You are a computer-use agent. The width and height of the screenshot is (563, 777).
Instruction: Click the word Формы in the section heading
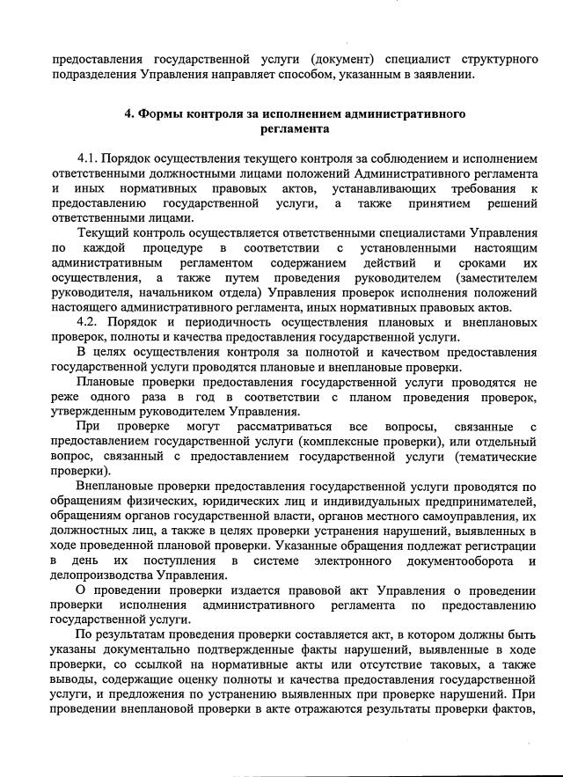coord(162,114)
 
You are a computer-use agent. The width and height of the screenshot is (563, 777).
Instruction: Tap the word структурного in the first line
coord(499,59)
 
